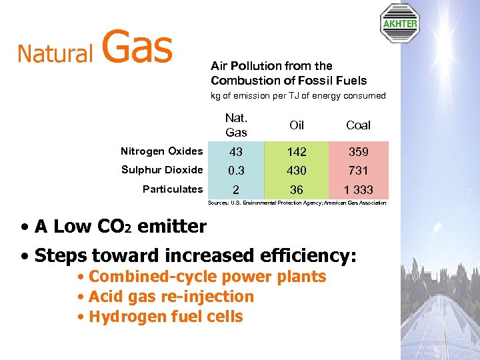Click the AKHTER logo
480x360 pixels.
399,23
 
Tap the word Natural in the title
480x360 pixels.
55,53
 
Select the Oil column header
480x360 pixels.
297,125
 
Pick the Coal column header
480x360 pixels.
358,125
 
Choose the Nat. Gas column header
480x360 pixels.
236,125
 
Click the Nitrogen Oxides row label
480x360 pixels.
162,151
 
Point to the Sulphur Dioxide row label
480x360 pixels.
162,170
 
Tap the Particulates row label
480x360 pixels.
173,189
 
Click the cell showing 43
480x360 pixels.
236,152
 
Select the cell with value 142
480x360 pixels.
297,152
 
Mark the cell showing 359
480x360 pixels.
358,152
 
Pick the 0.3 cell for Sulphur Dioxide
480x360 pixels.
236,171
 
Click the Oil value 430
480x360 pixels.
297,171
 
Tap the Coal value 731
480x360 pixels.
358,171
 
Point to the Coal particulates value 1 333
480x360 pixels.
358,190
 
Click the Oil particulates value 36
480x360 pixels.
297,190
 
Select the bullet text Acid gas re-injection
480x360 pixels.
171,297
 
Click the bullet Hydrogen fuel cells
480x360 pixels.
165,317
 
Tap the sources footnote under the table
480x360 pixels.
297,203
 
